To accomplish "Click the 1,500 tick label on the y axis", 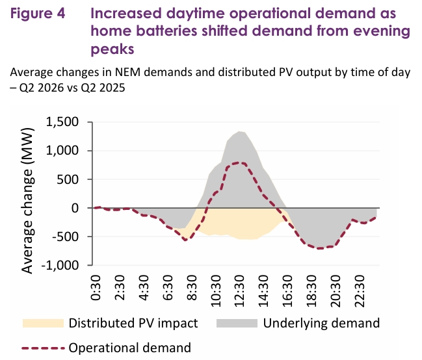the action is [62, 122].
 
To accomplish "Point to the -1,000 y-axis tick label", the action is [60, 266].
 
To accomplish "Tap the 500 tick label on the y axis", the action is [68, 179].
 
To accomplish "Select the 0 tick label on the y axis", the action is [75, 208].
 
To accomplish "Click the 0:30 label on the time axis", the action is [96, 288].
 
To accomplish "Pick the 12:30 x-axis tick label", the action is [239, 291].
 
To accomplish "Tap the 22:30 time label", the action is [360, 291].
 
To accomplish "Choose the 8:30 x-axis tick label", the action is [192, 288].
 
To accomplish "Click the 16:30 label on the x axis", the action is [287, 291].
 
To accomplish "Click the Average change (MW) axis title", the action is [27, 201].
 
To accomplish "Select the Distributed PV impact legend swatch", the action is [43, 323].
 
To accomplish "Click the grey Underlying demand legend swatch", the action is [237, 323].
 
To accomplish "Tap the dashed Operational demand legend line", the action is [43, 348].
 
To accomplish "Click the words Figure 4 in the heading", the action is [38, 14].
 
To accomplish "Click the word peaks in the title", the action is [112, 49].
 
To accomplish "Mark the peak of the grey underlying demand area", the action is [239, 131].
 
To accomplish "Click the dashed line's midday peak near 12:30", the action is [239, 162].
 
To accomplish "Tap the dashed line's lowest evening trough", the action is [320, 248].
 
